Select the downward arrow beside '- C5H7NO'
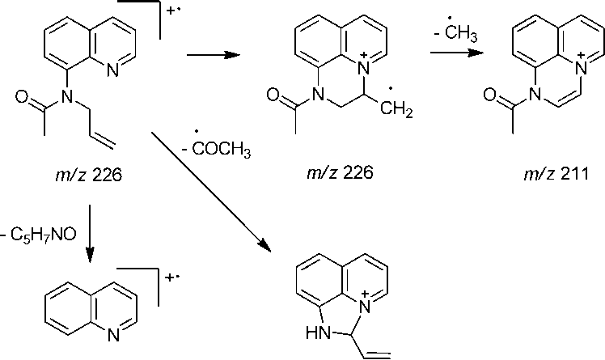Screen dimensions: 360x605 point(87,235)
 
